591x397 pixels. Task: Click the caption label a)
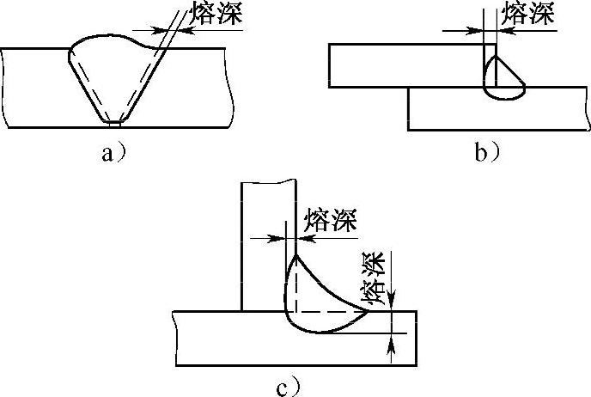click(114, 154)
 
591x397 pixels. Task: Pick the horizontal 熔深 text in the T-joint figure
click(326, 218)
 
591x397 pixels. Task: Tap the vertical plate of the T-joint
click(266, 241)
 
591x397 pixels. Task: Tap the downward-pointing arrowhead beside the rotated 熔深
click(392, 302)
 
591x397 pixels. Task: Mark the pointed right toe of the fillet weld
click(369, 311)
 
